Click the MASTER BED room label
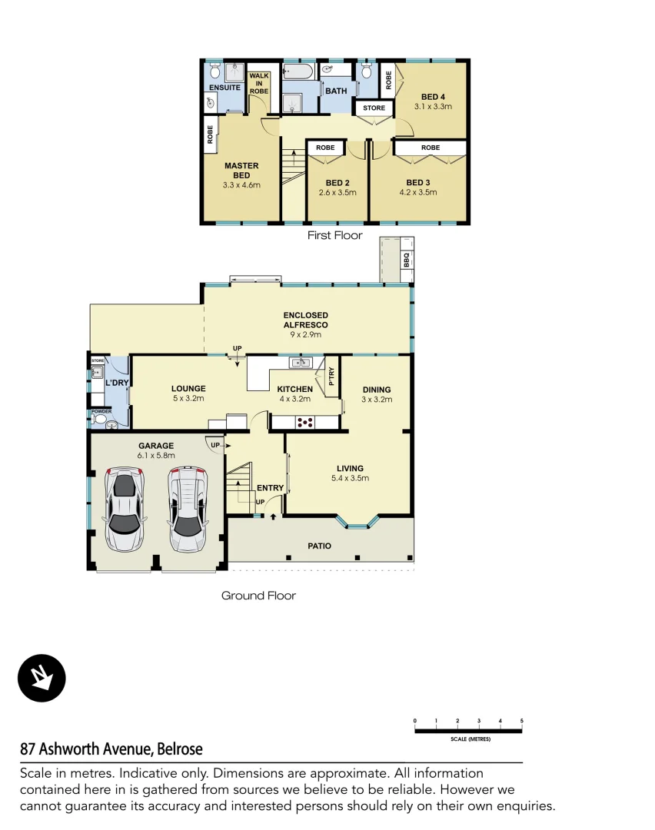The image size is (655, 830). point(241,171)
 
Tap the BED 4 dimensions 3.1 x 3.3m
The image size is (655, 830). point(433,107)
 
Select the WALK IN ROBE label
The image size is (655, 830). point(259,83)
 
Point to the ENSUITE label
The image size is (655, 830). point(224,88)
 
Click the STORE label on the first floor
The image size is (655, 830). point(374,108)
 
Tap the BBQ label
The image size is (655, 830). point(407,264)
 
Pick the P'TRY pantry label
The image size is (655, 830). point(332,377)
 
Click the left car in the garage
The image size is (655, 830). point(125,508)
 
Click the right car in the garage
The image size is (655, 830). point(187,508)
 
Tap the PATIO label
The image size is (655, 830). point(320,546)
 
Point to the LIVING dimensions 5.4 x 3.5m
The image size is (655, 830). point(350,478)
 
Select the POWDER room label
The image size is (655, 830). point(100,411)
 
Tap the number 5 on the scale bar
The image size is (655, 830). point(522,721)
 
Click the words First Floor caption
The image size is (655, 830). point(334,235)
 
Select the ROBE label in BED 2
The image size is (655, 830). point(325,147)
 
